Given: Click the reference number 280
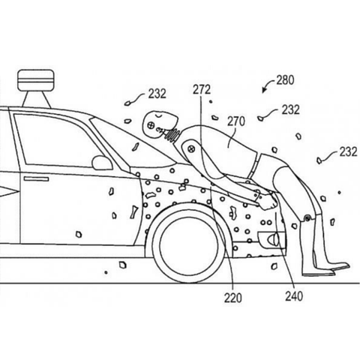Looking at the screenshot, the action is tap(285, 80).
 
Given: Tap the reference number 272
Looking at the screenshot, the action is tap(202, 90).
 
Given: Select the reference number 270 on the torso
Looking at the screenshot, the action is tap(236, 121).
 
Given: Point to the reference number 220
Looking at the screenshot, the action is tap(232, 298).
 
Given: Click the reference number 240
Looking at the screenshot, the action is tap(294, 296).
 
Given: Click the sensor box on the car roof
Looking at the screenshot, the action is tap(36, 80).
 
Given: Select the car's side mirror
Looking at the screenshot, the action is tap(102, 163).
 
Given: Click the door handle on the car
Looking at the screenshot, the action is tap(36, 178).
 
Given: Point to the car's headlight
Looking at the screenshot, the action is tap(271, 239).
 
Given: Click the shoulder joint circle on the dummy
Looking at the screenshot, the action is tap(192, 148).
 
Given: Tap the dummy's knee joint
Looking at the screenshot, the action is tap(307, 218).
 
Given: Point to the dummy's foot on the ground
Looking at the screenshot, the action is tap(331, 268).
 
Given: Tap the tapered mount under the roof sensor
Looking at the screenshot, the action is tap(36, 99).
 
